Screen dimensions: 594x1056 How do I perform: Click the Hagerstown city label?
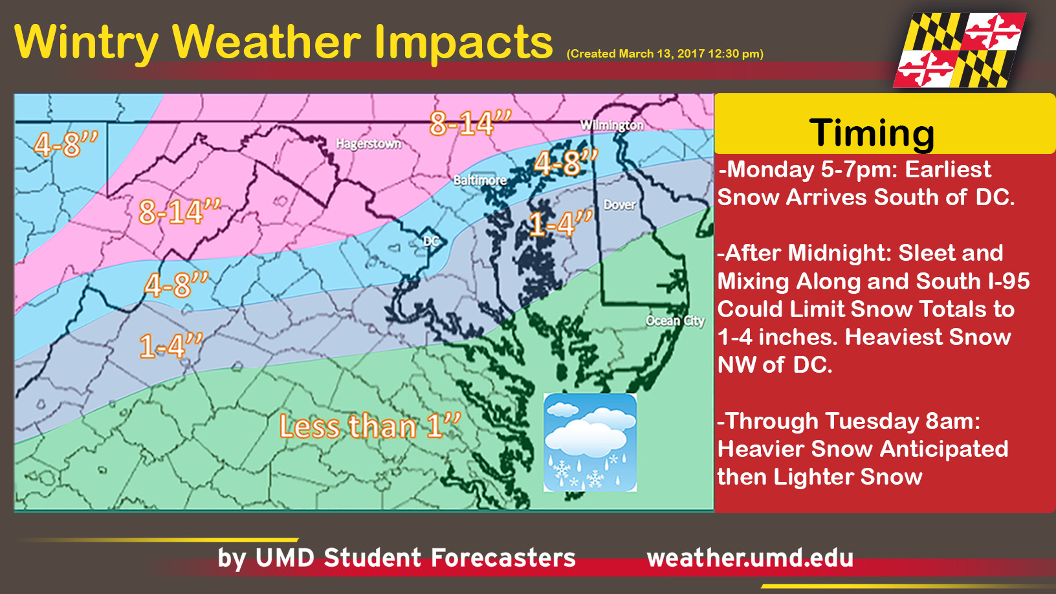(368, 144)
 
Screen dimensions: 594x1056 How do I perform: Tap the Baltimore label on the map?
(479, 180)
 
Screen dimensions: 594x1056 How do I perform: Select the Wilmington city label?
(611, 125)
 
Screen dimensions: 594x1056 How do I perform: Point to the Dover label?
(619, 205)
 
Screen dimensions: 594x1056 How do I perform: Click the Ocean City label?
(675, 320)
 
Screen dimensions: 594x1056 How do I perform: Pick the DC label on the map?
(431, 241)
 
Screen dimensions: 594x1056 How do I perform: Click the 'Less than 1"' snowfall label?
(369, 426)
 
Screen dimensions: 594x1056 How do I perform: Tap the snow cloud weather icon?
(589, 443)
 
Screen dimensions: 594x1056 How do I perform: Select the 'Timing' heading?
(872, 133)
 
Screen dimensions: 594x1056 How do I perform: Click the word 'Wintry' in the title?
(86, 43)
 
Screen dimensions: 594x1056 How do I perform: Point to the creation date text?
(665, 54)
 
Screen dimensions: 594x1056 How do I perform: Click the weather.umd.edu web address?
(750, 558)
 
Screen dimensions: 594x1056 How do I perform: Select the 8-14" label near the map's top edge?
(470, 123)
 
